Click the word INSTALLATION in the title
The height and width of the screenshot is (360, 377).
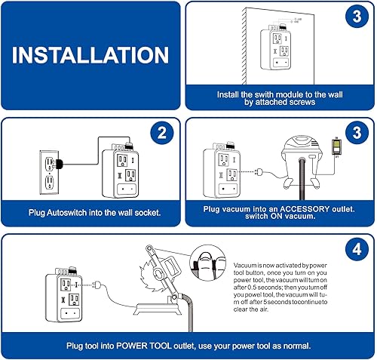90,56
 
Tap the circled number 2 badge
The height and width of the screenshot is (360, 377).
161,134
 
